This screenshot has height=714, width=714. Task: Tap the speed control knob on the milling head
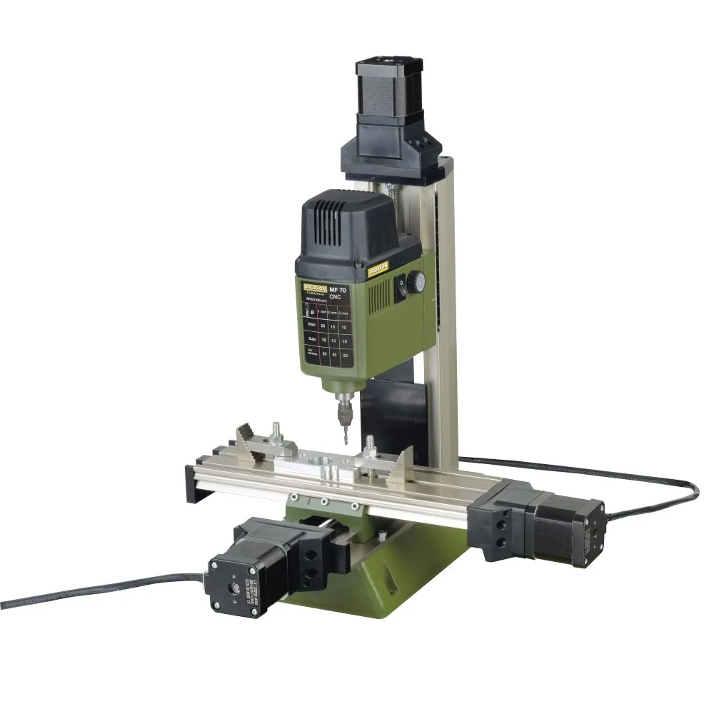coord(418,283)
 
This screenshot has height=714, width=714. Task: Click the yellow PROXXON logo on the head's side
coord(378,269)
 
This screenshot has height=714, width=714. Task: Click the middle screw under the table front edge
coord(323,502)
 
